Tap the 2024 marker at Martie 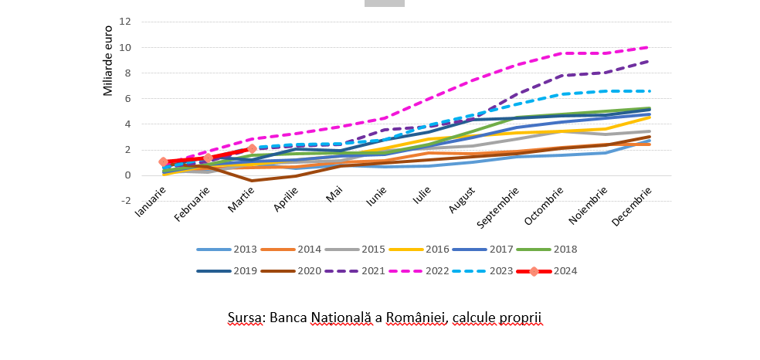[x=252, y=148]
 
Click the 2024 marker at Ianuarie [x=163, y=162]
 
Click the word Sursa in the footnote [x=246, y=318]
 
